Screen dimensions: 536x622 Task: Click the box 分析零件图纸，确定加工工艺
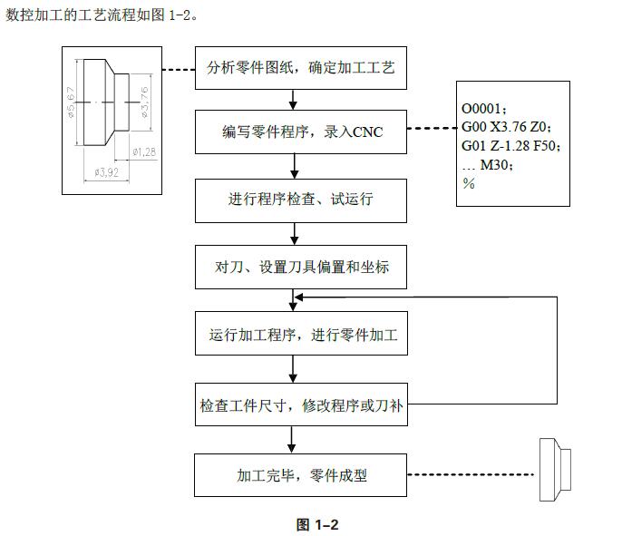point(300,67)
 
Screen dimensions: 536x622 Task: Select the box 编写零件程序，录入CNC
point(300,132)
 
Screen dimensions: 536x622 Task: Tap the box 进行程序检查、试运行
point(300,200)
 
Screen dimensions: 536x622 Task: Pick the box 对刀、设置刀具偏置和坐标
point(300,268)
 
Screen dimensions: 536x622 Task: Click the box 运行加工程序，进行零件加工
point(300,336)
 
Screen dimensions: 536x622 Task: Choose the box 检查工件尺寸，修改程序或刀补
point(300,404)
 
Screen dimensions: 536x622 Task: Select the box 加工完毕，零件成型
point(300,473)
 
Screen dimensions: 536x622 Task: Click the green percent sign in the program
point(469,182)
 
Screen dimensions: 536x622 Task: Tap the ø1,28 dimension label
point(144,151)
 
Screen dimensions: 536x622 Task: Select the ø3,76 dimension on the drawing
point(145,102)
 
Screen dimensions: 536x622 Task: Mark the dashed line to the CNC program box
point(432,129)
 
